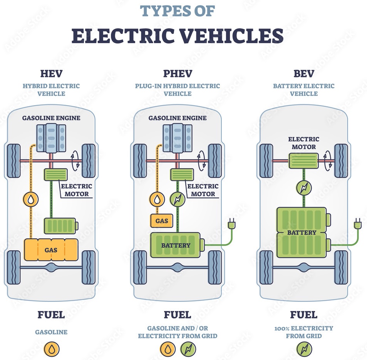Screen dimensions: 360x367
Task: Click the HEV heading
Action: tap(51, 73)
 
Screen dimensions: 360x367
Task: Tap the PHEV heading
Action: tap(177, 73)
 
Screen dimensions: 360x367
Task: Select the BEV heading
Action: tap(303, 73)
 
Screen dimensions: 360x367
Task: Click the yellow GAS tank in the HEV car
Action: tap(51, 250)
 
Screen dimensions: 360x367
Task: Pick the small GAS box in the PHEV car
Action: tap(161, 221)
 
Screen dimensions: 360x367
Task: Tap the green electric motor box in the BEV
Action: tap(303, 161)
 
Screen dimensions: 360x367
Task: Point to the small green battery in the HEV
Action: tap(60, 226)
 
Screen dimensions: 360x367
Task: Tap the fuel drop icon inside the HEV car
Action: tap(30, 199)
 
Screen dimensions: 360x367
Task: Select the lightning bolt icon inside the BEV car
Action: tap(303, 189)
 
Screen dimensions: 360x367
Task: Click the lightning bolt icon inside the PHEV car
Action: tap(177, 199)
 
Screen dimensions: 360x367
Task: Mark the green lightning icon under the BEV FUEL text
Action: tap(304, 349)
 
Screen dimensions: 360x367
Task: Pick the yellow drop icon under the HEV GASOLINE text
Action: tap(51, 349)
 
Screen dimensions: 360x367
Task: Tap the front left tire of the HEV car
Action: tap(14, 161)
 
